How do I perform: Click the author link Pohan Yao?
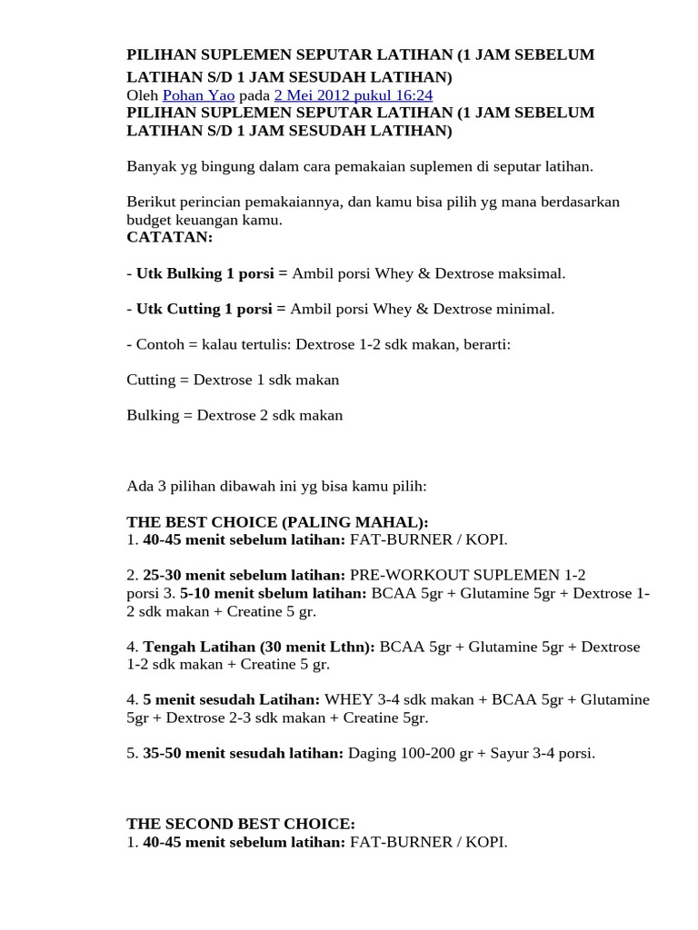198,95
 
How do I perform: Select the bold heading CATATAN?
169,237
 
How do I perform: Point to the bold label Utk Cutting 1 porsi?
205,309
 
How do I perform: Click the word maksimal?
528,273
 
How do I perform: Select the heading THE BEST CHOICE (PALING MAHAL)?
277,522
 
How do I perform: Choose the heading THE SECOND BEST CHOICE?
241,824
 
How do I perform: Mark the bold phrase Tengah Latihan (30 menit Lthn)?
259,647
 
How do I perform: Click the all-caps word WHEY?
343,700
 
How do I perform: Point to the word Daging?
373,753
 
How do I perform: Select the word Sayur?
495,753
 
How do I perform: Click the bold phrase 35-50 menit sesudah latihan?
244,753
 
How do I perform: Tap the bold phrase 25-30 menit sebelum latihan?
244,575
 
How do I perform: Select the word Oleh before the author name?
143,95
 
